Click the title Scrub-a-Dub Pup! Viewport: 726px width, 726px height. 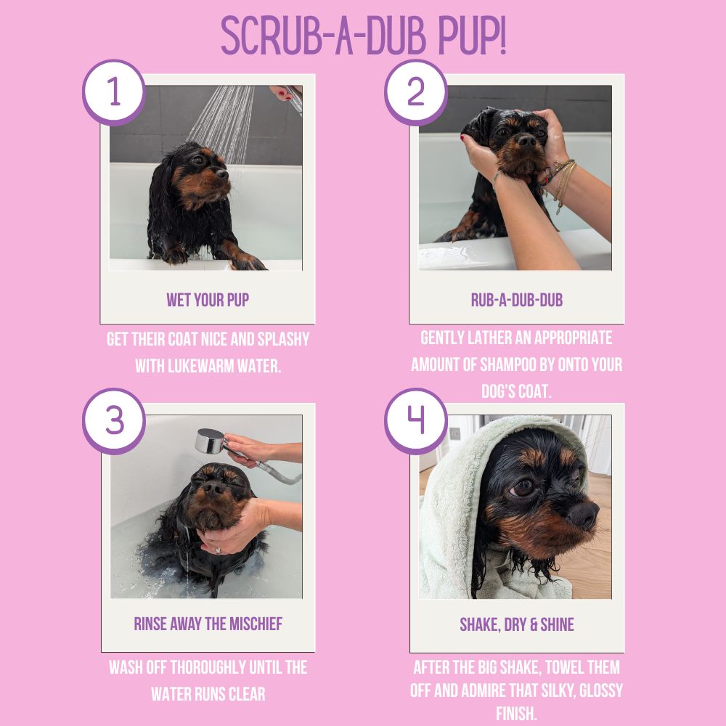364,36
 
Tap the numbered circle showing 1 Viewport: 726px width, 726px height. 114,92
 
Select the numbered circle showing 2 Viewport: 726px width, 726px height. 416,92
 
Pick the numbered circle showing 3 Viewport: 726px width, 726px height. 114,421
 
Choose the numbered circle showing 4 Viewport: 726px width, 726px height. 416,421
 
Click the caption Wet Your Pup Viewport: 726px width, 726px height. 208,300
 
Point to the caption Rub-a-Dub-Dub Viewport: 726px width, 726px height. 517,300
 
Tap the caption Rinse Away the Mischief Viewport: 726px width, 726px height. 208,624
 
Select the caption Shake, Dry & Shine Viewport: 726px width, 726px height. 517,624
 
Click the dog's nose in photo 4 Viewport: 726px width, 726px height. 584,515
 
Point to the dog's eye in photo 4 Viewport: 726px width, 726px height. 522,487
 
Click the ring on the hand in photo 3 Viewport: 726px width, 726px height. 218,550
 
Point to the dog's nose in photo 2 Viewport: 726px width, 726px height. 526,141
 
